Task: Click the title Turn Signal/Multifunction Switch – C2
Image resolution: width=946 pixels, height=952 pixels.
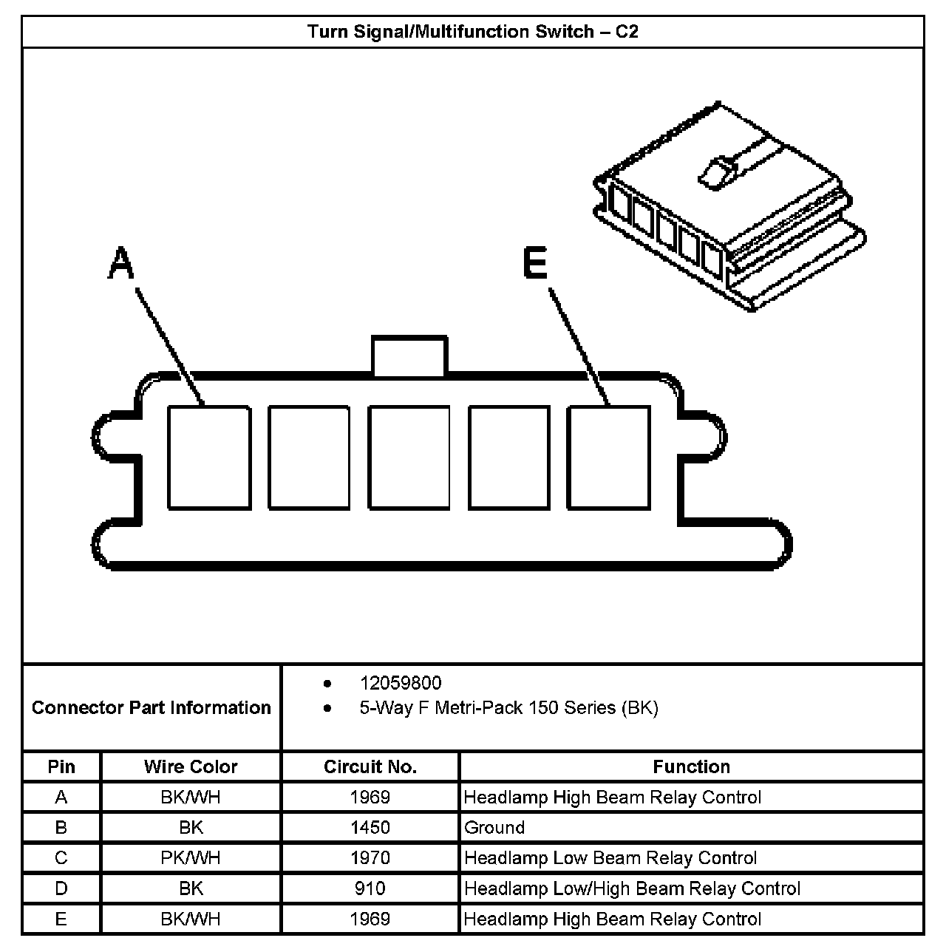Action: click(x=472, y=32)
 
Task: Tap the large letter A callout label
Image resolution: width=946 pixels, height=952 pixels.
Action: click(x=120, y=264)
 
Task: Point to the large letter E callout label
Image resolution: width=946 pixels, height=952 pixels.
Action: click(x=535, y=264)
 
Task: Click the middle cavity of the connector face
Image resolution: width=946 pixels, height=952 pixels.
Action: click(x=409, y=458)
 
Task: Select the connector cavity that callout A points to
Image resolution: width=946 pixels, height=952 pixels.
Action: click(x=208, y=458)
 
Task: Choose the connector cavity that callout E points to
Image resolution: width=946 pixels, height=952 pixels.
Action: click(x=608, y=458)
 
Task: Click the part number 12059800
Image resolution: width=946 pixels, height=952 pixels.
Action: click(x=400, y=683)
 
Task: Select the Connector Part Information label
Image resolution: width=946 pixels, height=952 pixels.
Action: click(x=152, y=707)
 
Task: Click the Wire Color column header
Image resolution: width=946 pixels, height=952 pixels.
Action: click(x=191, y=766)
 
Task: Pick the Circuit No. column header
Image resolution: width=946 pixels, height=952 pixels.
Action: click(x=370, y=766)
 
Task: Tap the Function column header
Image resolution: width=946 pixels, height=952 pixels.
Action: click(x=691, y=766)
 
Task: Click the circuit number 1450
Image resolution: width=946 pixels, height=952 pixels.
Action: click(x=370, y=827)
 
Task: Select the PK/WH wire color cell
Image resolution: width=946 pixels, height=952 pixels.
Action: click(x=191, y=857)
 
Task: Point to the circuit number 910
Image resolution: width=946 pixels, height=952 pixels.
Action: click(x=370, y=888)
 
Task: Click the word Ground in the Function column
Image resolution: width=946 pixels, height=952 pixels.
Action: click(x=494, y=827)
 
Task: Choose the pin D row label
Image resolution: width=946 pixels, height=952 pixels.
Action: click(x=61, y=888)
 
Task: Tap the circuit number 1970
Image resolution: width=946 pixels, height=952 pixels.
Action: click(x=370, y=857)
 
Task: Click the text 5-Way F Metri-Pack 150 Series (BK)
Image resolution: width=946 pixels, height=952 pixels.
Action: click(x=508, y=707)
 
